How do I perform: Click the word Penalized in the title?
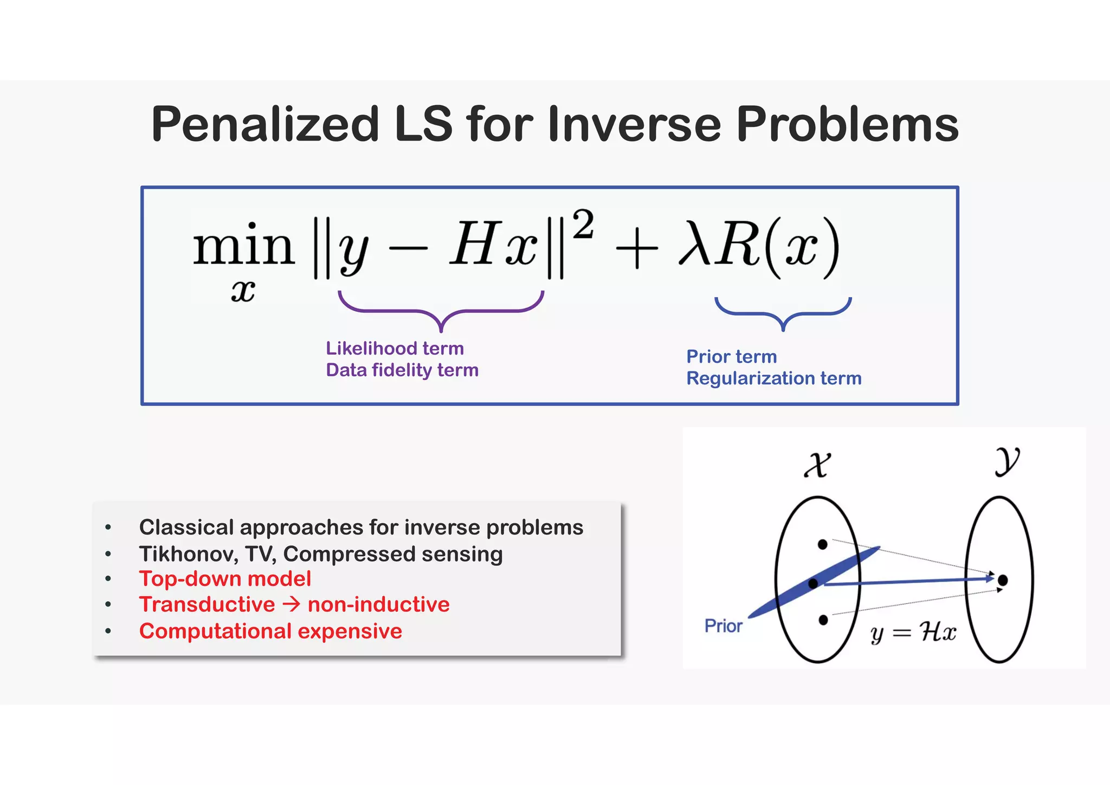(x=265, y=125)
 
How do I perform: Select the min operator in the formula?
(x=243, y=247)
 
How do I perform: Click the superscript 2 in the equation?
(x=583, y=225)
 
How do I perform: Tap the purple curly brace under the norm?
(x=441, y=311)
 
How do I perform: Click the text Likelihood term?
(x=395, y=348)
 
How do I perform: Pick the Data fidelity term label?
(x=402, y=370)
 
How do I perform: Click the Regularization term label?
(x=773, y=378)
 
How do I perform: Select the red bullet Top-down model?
(x=225, y=579)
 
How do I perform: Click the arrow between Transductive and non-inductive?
(x=292, y=604)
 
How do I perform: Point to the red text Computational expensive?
(x=270, y=631)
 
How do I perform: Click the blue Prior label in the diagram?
(x=723, y=626)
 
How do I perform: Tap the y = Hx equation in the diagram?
(x=913, y=633)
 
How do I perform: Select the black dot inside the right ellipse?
(x=1003, y=581)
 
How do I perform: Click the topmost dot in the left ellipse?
(x=822, y=544)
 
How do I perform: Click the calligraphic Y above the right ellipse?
(x=1007, y=461)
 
